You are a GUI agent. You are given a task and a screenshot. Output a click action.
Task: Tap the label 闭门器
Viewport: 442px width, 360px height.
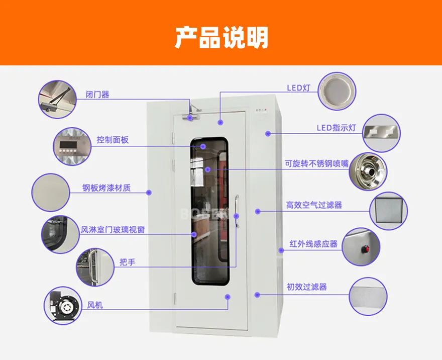pyautogui.click(x=97, y=94)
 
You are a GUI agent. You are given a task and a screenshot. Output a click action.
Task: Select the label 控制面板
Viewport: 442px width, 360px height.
pyautogui.click(x=113, y=140)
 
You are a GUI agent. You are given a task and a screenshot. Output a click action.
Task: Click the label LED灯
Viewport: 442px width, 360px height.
pyautogui.click(x=299, y=88)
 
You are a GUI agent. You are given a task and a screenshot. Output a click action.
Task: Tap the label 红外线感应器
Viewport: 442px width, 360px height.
pyautogui.click(x=313, y=244)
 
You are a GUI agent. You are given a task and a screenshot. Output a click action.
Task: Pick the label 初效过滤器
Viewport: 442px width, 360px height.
pyautogui.click(x=306, y=287)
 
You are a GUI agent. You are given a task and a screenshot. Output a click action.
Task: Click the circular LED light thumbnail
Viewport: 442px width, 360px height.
pyautogui.click(x=337, y=91)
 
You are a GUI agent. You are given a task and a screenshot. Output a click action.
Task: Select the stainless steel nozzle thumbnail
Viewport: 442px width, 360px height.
pyautogui.click(x=368, y=171)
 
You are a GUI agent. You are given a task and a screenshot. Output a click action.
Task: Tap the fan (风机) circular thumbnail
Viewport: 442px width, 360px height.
pyautogui.click(x=63, y=306)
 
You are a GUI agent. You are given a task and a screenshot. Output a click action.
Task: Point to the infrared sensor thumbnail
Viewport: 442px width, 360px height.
pyautogui.click(x=362, y=247)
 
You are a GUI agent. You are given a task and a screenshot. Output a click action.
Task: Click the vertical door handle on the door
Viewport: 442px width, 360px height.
pyautogui.click(x=235, y=221)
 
